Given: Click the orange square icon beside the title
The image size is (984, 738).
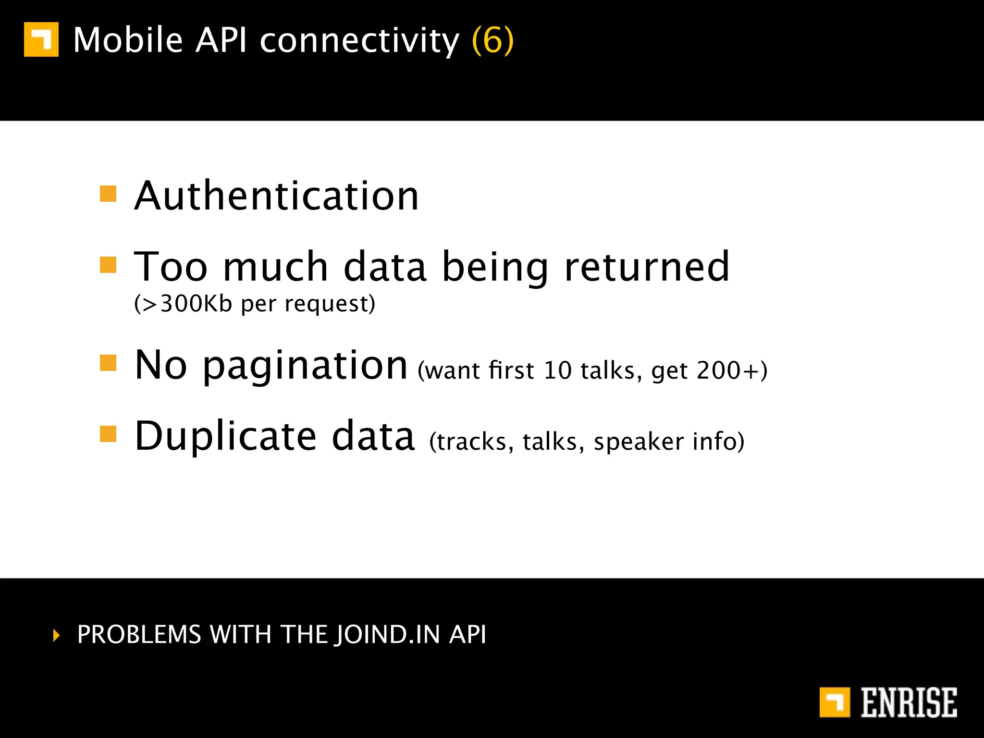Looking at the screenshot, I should (x=41, y=39).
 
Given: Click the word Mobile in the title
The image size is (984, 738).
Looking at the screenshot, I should (x=128, y=40).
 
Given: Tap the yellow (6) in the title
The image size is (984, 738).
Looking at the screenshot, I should (x=493, y=40).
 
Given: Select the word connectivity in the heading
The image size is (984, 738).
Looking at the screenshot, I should (x=359, y=41).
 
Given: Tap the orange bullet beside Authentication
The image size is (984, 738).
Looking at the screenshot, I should (x=108, y=194).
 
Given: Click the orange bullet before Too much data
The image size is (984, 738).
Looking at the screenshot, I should (x=108, y=265).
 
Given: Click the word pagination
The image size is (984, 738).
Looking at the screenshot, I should (x=306, y=366).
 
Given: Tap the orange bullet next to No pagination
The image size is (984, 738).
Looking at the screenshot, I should (x=108, y=363).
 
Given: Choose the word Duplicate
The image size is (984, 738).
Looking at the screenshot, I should (x=226, y=436).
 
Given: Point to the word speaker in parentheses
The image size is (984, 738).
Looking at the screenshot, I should (x=639, y=442).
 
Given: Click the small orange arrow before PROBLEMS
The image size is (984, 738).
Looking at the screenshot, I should (x=57, y=635).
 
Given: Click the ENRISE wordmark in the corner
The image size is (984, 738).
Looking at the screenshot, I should (x=909, y=702).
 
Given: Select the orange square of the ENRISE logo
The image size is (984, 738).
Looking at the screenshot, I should (x=835, y=702).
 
